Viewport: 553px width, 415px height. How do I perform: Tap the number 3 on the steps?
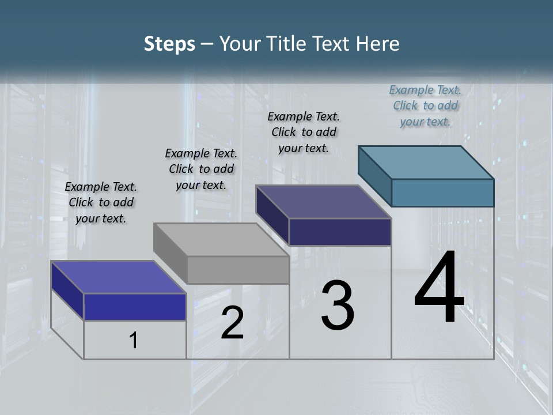[338, 306]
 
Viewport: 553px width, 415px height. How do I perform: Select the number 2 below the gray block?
[232, 323]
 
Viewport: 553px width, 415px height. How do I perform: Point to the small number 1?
[134, 340]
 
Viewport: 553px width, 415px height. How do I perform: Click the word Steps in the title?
[169, 44]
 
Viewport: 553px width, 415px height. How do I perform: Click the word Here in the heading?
[378, 44]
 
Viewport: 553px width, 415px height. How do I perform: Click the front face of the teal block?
[442, 193]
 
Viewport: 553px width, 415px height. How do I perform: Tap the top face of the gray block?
[221, 239]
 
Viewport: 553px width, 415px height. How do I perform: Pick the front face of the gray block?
[238, 270]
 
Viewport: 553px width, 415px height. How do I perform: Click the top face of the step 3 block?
[323, 202]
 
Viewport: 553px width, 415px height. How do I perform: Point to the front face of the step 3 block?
[340, 232]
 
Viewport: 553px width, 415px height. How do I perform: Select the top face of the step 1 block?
[118, 277]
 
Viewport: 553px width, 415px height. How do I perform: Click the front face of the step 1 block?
[135, 307]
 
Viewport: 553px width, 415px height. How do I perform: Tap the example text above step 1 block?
[101, 203]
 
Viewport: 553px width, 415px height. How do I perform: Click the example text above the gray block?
[201, 169]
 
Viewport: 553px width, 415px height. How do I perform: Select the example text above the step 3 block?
[304, 132]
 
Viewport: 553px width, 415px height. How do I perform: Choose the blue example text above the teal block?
[425, 105]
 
